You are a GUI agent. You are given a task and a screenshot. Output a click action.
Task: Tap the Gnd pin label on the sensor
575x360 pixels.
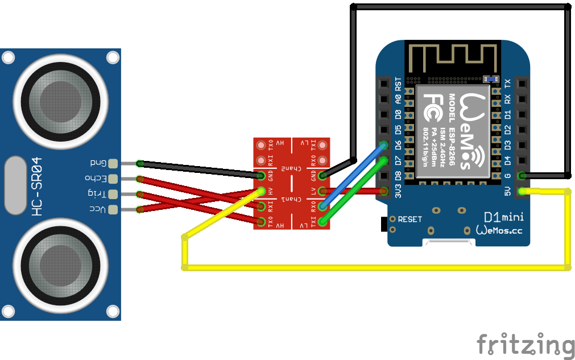(x=98, y=163)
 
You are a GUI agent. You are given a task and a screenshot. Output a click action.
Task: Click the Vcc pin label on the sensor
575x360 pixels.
(x=98, y=209)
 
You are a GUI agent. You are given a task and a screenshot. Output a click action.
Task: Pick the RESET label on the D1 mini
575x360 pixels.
(x=409, y=219)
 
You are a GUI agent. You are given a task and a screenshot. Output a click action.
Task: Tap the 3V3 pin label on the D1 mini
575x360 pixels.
(x=398, y=191)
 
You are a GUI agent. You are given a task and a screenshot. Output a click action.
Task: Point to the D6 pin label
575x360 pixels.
(x=398, y=146)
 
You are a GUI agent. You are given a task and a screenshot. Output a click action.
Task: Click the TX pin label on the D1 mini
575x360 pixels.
(x=508, y=83)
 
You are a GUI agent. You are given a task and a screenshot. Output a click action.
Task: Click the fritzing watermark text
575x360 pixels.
(x=525, y=344)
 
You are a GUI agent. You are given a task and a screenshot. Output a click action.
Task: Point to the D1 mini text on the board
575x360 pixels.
(x=503, y=217)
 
